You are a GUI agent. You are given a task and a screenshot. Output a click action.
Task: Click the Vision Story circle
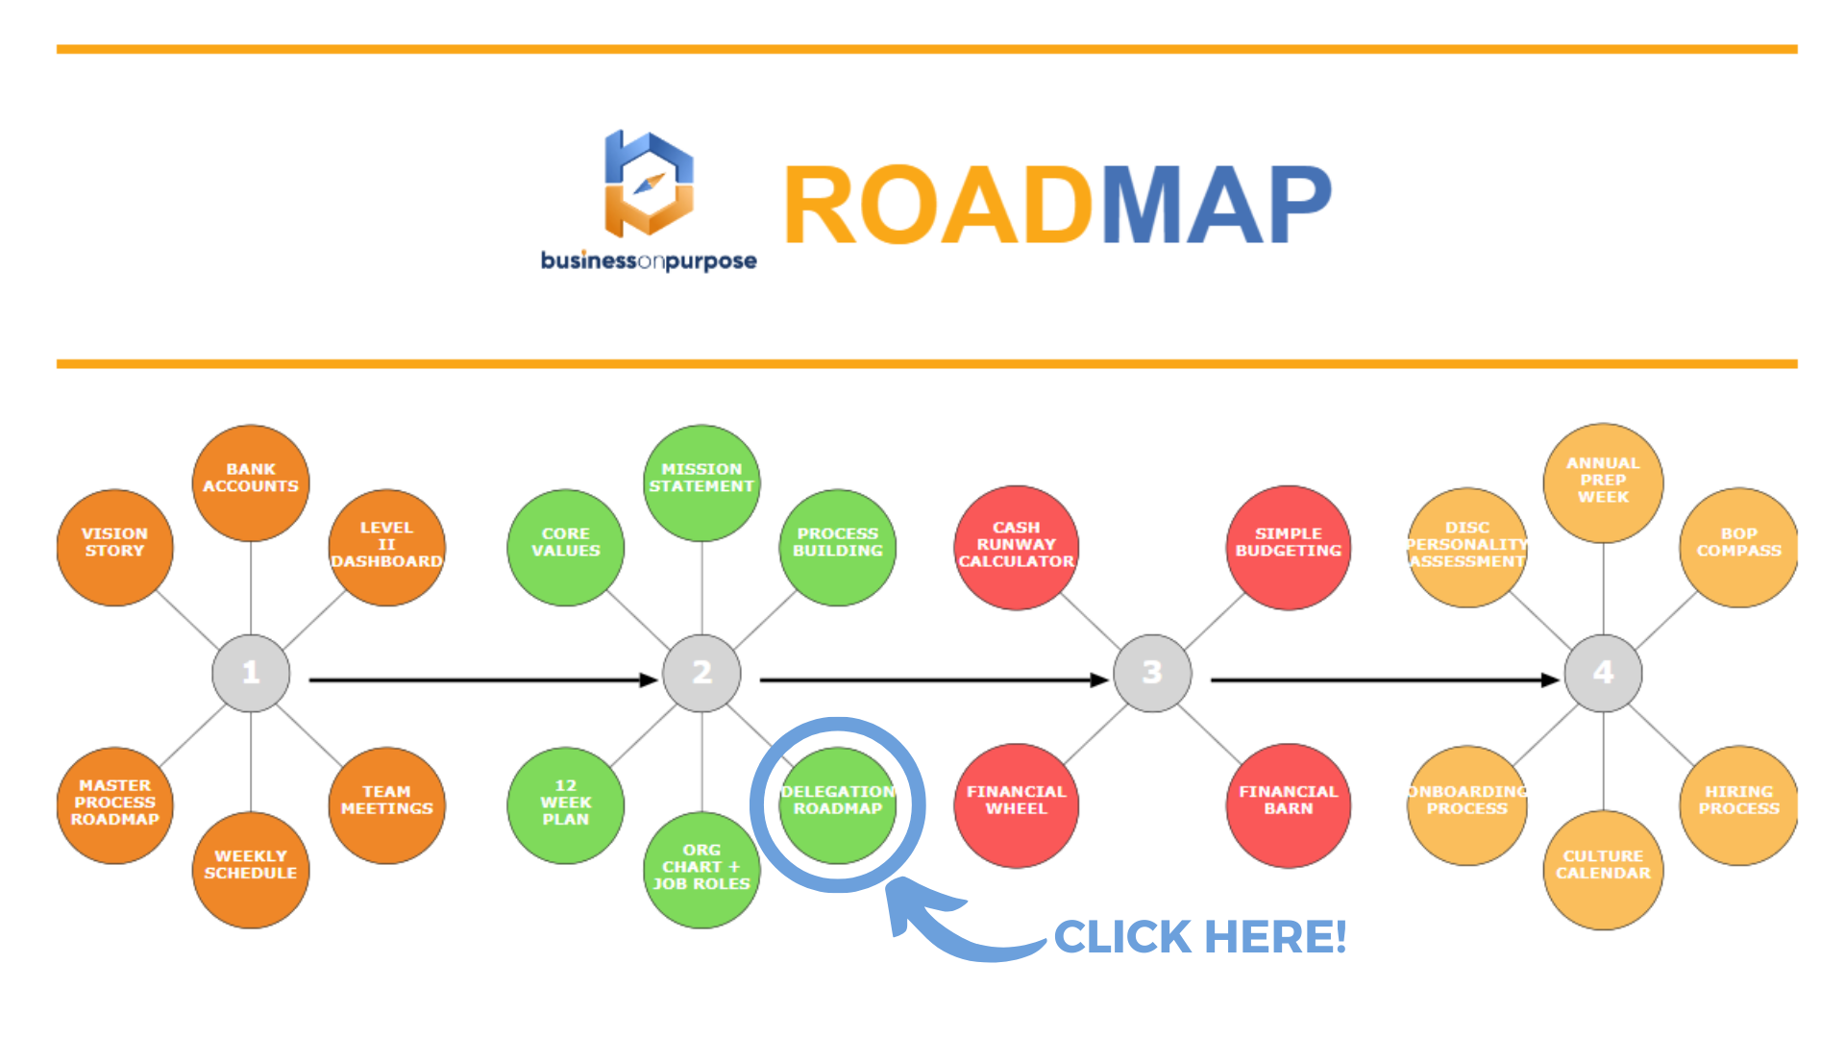point(114,547)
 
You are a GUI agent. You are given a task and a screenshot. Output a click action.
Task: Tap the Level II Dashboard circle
point(386,547)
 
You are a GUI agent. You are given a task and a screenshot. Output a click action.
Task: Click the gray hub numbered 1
point(251,673)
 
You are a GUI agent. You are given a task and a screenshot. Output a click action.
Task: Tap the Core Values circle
point(565,547)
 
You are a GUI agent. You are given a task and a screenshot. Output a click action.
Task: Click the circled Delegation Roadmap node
point(838,804)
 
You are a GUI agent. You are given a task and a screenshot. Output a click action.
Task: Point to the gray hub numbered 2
point(701,673)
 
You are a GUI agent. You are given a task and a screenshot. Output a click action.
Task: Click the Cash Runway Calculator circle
point(1016,547)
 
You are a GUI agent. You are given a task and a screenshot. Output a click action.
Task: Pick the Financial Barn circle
point(1288,804)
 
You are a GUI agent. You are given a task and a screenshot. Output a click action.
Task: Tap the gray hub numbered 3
point(1152,673)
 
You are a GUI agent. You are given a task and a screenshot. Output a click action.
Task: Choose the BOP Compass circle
point(1738,547)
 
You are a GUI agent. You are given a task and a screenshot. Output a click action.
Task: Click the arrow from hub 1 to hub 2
point(480,680)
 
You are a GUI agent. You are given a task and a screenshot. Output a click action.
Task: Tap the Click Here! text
point(1200,937)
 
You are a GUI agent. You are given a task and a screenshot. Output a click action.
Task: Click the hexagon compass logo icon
point(649,184)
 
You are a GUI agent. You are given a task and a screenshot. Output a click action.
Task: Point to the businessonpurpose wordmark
point(649,260)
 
